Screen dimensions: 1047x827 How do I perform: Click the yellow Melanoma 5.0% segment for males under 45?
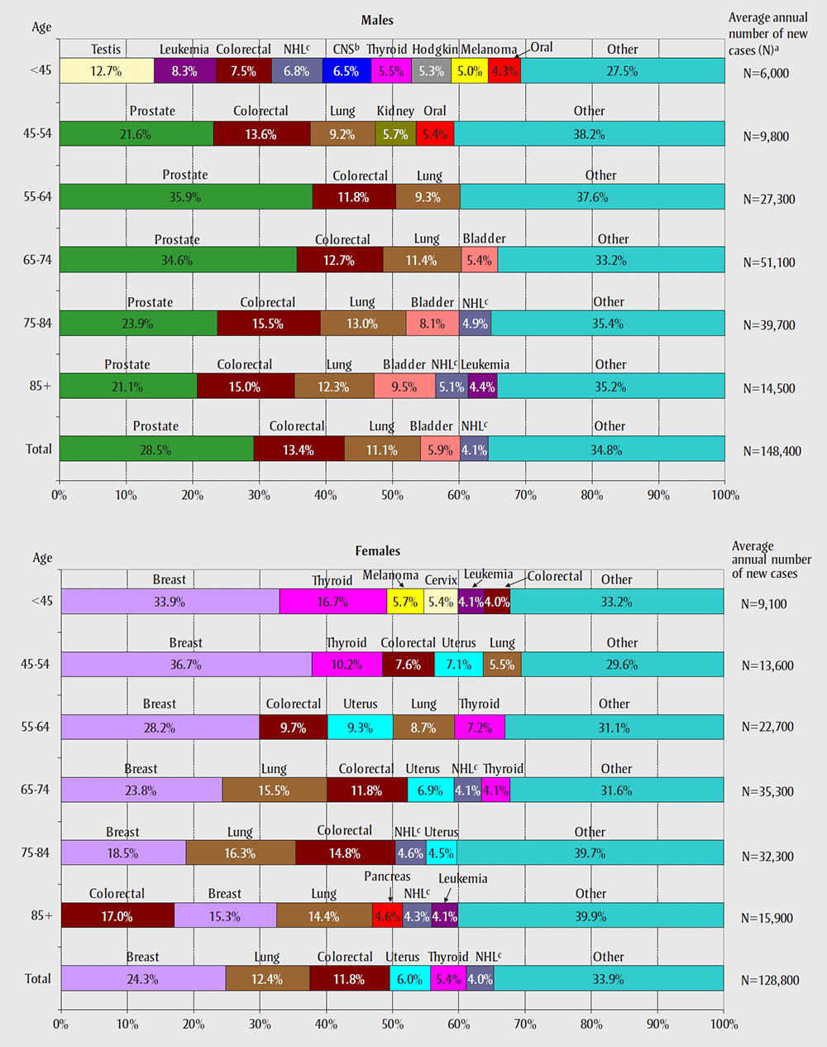470,71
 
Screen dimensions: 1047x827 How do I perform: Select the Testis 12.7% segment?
107,71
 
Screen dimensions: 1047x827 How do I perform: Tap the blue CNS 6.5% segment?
347,71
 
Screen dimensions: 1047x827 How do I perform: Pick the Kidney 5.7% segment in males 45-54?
395,134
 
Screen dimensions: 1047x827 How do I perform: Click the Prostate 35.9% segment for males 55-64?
186,197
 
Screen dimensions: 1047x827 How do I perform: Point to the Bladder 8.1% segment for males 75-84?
433,324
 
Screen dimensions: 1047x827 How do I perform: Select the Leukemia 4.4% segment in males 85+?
482,387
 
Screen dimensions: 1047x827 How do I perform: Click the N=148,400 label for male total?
772,451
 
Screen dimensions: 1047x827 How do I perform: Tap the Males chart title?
377,20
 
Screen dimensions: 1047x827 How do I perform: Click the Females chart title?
377,551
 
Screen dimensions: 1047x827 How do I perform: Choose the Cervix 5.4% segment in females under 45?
440,602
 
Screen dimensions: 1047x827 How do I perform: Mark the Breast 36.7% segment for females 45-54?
186,665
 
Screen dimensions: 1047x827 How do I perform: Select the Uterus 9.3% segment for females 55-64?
360,728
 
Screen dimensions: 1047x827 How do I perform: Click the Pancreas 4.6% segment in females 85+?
387,916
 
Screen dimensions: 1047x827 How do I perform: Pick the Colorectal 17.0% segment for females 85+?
117,916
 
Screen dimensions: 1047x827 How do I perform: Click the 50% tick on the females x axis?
392,1024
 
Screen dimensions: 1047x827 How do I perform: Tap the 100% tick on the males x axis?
725,495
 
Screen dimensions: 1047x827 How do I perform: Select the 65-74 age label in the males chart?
37,260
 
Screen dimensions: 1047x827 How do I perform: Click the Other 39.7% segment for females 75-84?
590,853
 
